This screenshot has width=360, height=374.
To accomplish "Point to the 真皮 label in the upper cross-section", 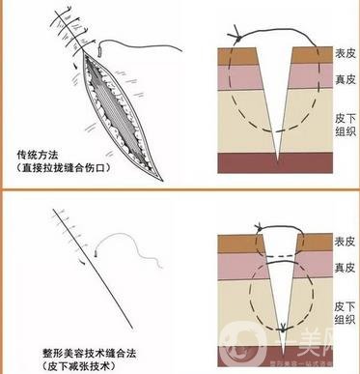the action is pos(345,78).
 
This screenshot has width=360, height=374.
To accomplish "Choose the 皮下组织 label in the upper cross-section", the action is pos(345,117).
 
